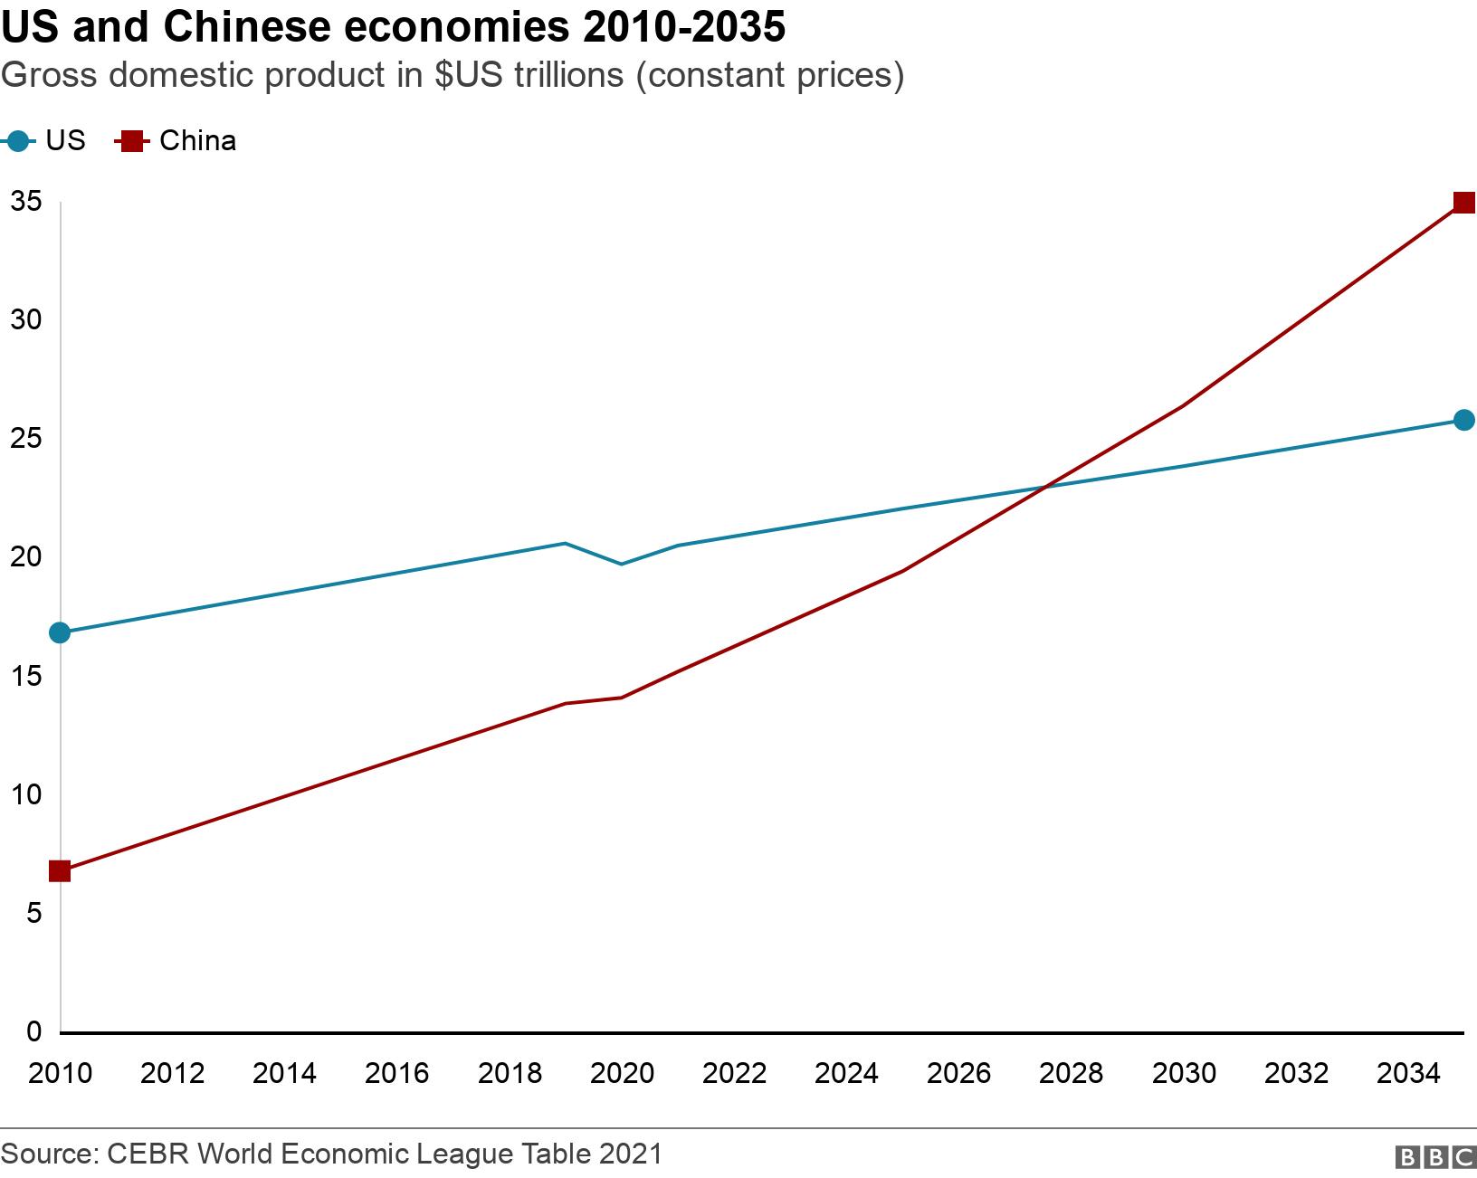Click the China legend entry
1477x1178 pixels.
pyautogui.click(x=177, y=141)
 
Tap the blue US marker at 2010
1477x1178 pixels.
pyautogui.click(x=60, y=632)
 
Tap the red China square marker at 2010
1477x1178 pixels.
pyautogui.click(x=60, y=871)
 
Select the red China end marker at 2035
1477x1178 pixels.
pyautogui.click(x=1463, y=202)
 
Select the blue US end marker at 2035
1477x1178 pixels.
pyautogui.click(x=1463, y=420)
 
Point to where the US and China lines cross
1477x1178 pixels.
pyautogui.click(x=1046, y=487)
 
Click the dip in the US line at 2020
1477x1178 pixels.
pyautogui.click(x=621, y=564)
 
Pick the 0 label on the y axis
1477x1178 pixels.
pyautogui.click(x=33, y=1031)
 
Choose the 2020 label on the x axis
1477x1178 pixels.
pyautogui.click(x=622, y=1074)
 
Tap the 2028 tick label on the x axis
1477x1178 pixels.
pyautogui.click(x=1071, y=1074)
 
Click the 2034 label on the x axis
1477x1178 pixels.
pyautogui.click(x=1407, y=1074)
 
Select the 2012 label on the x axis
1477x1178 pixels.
pyautogui.click(x=173, y=1074)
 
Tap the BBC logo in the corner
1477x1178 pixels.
pyautogui.click(x=1434, y=1157)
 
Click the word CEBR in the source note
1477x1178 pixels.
pyautogui.click(x=146, y=1154)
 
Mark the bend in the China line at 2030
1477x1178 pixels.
pyautogui.click(x=1183, y=405)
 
